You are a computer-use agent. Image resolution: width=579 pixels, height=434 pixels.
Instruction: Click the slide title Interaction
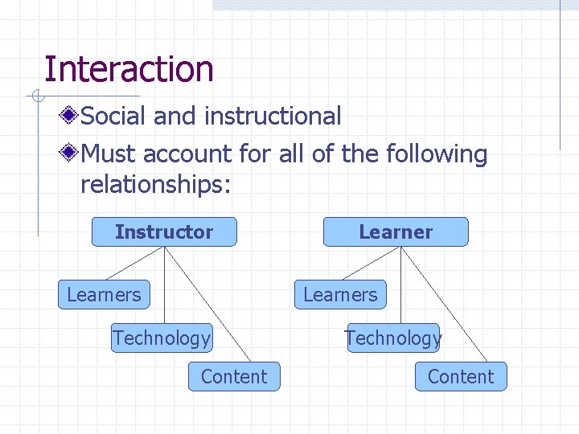tap(129, 69)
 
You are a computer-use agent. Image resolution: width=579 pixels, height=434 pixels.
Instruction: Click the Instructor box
tap(164, 231)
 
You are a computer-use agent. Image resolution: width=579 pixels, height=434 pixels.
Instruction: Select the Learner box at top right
tap(395, 231)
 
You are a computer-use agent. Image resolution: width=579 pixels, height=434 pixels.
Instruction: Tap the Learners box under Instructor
tap(104, 294)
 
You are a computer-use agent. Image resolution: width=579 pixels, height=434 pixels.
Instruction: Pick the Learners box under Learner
tap(340, 294)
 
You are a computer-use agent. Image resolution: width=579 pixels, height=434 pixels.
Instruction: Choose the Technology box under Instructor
tap(162, 338)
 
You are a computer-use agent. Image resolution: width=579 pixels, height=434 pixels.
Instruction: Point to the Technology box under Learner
tap(393, 338)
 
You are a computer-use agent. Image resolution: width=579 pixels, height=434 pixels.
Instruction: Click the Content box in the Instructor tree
tap(234, 376)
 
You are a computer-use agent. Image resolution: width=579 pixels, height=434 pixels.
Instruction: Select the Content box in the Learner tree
tap(461, 376)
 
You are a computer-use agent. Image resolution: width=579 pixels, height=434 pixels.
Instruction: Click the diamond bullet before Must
tap(71, 153)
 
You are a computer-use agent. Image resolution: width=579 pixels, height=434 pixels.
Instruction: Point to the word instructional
tap(273, 116)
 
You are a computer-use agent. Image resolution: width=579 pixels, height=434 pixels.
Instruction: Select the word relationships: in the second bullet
tap(156, 185)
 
